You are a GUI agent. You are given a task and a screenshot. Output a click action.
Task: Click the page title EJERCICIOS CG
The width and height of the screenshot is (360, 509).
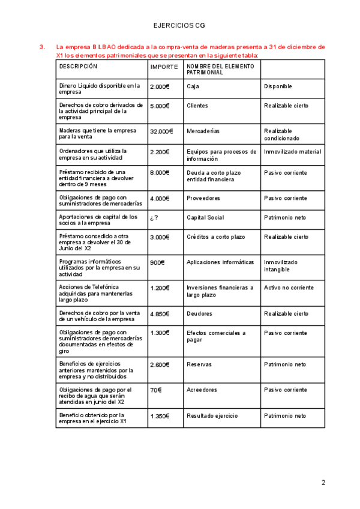coord(179,26)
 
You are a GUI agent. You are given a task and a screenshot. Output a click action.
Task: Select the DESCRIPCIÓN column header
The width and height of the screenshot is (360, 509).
coord(78,67)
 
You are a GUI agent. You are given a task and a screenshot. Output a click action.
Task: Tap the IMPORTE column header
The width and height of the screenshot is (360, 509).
coord(164,67)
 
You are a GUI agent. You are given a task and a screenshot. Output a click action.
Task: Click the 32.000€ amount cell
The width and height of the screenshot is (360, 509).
coord(161,131)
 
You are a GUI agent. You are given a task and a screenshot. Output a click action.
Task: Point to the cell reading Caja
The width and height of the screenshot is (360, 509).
coord(193,86)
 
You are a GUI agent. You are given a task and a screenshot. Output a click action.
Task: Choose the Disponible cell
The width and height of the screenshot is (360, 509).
coord(278,86)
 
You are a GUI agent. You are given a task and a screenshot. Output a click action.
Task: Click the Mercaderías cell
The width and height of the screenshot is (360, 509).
coord(203,131)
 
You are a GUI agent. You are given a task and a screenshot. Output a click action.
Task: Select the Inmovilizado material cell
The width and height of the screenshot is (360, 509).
coord(292,152)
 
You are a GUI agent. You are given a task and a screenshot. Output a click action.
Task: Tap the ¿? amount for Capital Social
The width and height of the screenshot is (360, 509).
coord(155,218)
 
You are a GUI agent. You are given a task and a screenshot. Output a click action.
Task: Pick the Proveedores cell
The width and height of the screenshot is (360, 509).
coord(203,198)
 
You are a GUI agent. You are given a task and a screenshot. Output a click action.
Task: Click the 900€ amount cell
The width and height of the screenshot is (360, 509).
coord(157,262)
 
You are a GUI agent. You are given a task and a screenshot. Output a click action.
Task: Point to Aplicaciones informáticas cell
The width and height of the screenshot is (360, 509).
coord(220,262)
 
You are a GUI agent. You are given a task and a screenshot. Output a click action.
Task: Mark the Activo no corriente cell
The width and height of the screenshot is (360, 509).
coord(289,288)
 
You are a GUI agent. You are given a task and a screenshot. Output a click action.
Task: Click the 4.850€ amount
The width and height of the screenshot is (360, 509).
coord(160,313)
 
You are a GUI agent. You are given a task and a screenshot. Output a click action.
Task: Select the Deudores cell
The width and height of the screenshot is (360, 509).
coord(199,313)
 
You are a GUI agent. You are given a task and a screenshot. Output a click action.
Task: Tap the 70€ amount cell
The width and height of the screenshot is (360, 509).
coord(156,390)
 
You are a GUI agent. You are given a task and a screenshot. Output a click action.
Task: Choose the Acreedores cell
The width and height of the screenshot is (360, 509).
coord(202,390)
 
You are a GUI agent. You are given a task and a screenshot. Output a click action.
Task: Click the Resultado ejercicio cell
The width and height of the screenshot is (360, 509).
coord(212,415)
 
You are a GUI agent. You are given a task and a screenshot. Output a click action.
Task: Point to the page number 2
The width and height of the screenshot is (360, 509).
coord(323,483)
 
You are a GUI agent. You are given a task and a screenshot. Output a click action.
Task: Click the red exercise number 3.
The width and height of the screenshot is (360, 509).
coord(41,47)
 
